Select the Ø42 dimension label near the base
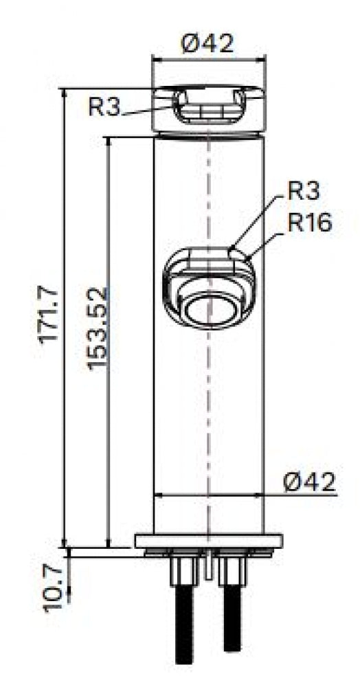click(309, 482)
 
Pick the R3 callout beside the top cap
click(104, 106)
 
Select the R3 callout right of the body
click(304, 192)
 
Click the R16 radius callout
click(310, 223)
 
